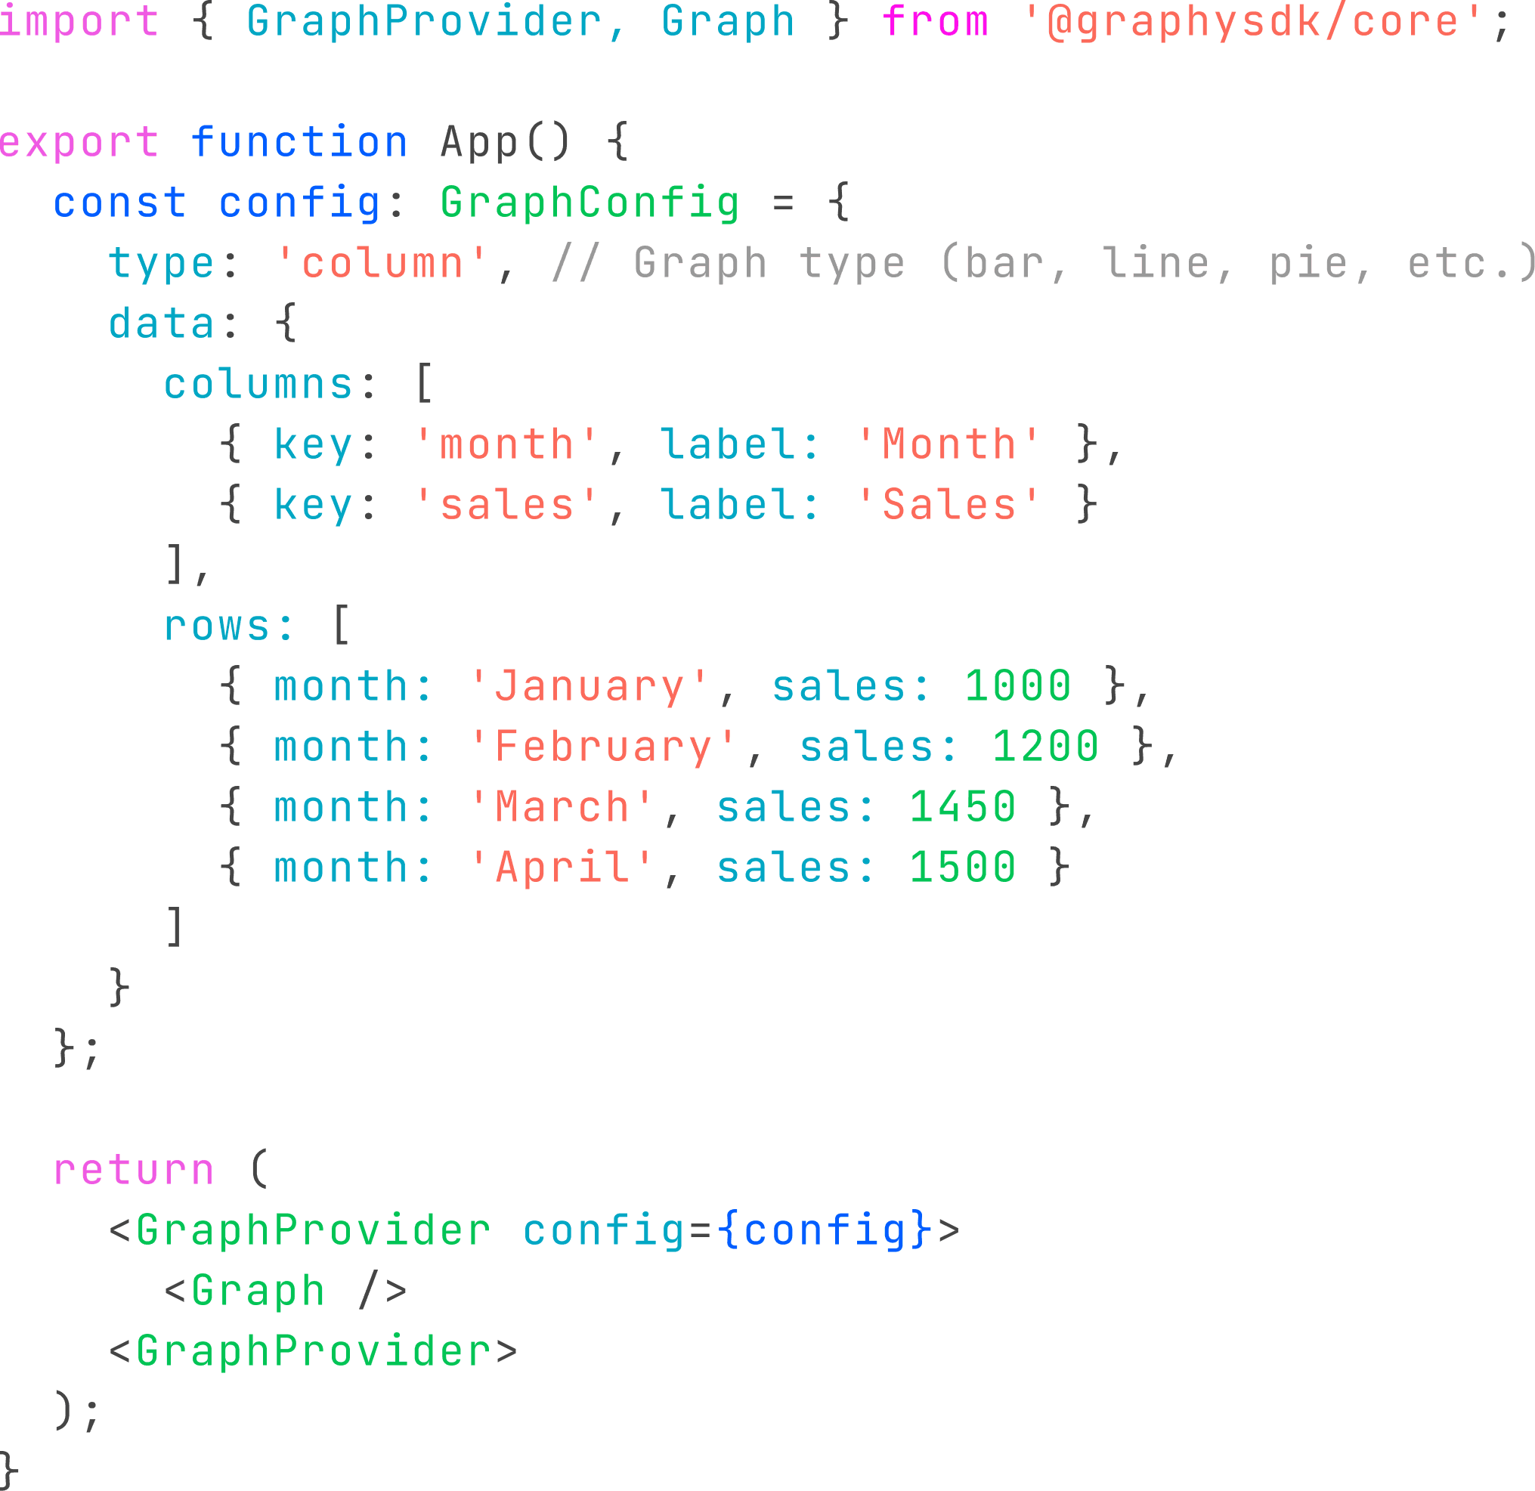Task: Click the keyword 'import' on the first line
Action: coord(79,21)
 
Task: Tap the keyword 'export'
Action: coord(79,143)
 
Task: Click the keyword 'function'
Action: coord(299,143)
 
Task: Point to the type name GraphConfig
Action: coord(590,203)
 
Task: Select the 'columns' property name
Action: coord(258,385)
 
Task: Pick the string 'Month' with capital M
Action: coord(949,445)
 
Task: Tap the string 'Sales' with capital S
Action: coord(949,505)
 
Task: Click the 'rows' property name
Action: coord(217,626)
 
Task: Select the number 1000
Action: coord(1017,687)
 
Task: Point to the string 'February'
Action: coord(603,747)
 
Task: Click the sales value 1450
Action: coord(963,807)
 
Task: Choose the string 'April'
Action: coord(562,868)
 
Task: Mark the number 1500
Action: coord(963,868)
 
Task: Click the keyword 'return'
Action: coord(133,1170)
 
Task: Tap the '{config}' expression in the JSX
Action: coord(824,1230)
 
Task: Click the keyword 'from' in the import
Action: coord(935,21)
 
